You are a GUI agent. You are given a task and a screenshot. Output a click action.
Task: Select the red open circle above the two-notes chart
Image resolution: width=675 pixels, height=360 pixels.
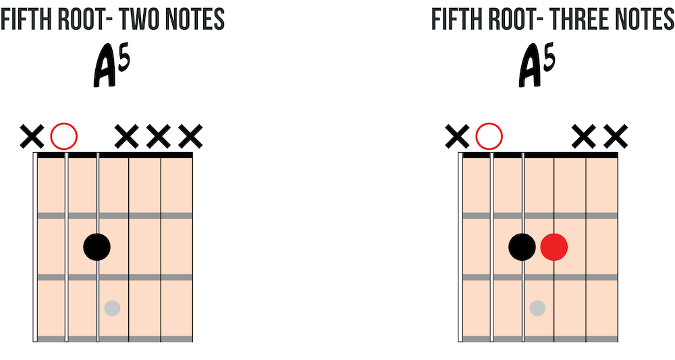point(64,136)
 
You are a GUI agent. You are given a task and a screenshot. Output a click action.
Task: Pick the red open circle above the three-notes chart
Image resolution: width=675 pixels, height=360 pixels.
point(489,136)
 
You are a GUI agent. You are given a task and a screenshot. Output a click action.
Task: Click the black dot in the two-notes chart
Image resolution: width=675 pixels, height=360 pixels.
point(97,247)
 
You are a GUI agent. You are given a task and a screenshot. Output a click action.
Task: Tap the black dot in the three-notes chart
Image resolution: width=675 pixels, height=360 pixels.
point(522,247)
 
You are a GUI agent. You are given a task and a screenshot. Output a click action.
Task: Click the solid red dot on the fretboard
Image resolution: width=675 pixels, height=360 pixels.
point(554,247)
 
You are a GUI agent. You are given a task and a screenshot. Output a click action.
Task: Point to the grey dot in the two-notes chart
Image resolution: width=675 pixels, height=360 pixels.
point(112,308)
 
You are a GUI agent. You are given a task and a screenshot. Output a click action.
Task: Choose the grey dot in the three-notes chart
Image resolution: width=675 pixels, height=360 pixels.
point(538,308)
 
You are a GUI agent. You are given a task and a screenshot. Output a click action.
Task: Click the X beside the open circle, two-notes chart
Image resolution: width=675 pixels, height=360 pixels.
point(32,136)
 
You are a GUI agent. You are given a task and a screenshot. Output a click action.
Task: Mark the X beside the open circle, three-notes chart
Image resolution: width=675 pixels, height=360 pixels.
point(458,136)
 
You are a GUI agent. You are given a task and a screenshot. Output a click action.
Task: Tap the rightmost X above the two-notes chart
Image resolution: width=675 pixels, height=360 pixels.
point(190,136)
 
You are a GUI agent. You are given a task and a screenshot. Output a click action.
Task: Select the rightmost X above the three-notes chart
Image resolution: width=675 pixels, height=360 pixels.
point(616,136)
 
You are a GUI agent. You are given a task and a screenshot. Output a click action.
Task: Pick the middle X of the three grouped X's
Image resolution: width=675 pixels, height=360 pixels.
point(159,136)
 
